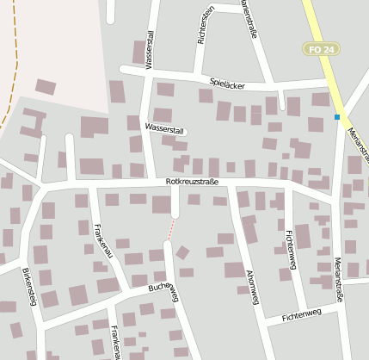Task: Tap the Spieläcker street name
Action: [x=227, y=84]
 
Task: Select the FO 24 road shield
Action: [x=320, y=51]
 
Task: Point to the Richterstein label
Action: [x=206, y=24]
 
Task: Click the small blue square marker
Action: [x=337, y=116]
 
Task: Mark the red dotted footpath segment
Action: [x=172, y=229]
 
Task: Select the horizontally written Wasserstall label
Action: [x=165, y=129]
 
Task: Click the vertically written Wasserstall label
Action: [x=150, y=50]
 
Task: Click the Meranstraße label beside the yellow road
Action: [x=358, y=141]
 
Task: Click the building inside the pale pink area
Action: [x=46, y=87]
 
